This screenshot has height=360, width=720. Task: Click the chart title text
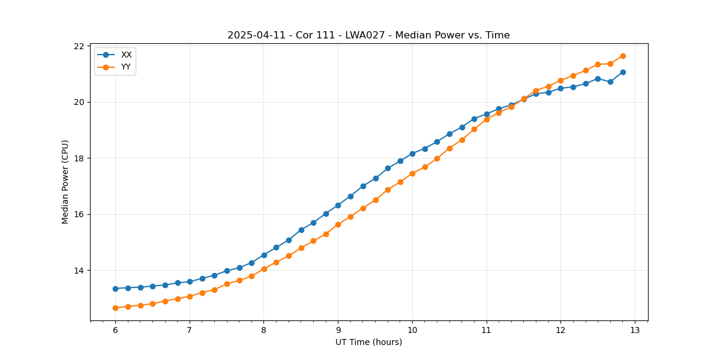(x=368, y=35)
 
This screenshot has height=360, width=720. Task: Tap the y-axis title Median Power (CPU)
(x=65, y=182)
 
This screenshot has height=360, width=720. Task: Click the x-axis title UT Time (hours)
(x=368, y=342)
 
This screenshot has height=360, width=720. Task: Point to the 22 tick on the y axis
(x=79, y=46)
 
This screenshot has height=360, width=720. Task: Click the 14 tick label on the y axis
(x=79, y=271)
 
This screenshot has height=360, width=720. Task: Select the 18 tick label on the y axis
(x=79, y=158)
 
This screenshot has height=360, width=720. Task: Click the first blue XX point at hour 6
(x=115, y=289)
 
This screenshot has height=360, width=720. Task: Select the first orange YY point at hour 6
(x=115, y=308)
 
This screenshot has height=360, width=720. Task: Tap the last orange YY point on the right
(x=623, y=56)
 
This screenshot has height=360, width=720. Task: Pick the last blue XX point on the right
(x=623, y=72)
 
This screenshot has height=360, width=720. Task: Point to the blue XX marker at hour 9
(x=338, y=205)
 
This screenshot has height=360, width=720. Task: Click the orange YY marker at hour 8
(x=264, y=269)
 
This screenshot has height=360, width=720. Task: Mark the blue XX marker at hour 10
(x=412, y=154)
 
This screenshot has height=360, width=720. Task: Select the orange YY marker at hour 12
(x=560, y=80)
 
